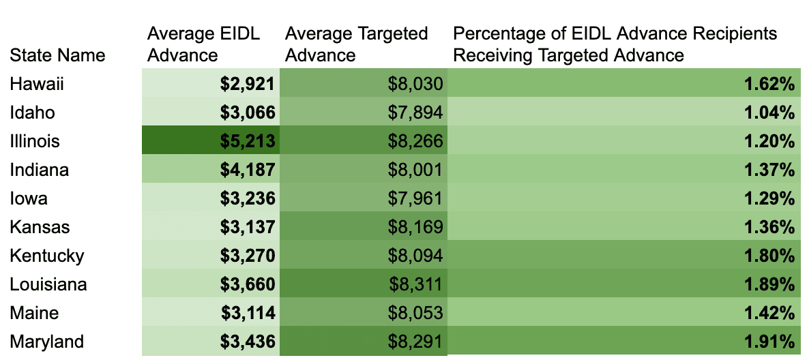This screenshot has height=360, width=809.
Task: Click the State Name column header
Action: (58, 55)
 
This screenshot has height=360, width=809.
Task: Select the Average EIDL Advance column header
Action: (203, 44)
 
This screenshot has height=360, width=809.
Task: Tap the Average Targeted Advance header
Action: (356, 44)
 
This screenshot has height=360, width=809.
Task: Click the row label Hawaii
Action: (37, 84)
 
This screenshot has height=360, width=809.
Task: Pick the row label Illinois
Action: (35, 141)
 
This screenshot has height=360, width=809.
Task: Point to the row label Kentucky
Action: (47, 256)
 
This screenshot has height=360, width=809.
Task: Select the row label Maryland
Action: (47, 342)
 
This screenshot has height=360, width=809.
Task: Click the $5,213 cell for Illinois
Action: (247, 141)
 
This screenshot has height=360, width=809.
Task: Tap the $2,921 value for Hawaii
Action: (247, 84)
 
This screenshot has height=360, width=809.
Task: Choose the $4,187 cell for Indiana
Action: (247, 170)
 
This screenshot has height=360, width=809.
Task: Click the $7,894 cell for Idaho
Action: (415, 112)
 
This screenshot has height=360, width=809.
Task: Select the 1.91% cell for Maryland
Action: (769, 342)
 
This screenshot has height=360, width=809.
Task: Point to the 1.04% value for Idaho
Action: (769, 112)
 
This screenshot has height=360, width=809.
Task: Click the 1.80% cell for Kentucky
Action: (769, 256)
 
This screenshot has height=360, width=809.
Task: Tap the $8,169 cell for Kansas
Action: (415, 227)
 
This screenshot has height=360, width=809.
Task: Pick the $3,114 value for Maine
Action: (248, 313)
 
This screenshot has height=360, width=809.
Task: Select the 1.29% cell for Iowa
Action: (769, 198)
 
